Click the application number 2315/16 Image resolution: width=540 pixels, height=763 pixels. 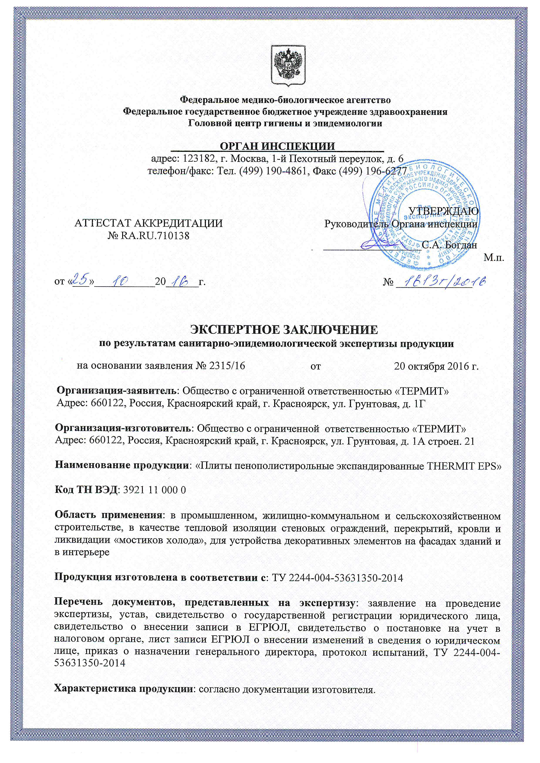click(228, 366)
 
